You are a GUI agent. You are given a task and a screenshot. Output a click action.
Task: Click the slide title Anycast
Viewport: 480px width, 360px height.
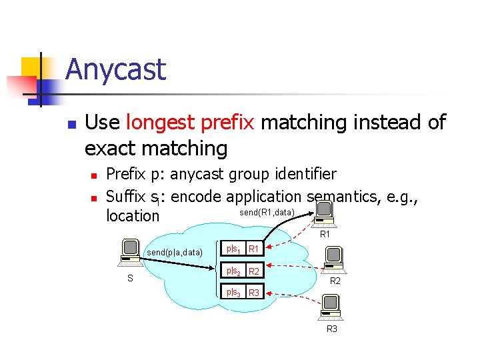(115, 70)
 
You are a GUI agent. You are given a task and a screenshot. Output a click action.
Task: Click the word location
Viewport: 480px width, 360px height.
(133, 216)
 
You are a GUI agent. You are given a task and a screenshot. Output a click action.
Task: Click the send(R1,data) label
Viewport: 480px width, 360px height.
(267, 212)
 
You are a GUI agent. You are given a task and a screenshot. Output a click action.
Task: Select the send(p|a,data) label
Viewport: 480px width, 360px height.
(175, 253)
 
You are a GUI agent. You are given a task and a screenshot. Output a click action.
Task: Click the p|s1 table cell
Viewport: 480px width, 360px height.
(233, 249)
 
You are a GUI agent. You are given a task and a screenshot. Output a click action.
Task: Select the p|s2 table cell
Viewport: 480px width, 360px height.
(233, 271)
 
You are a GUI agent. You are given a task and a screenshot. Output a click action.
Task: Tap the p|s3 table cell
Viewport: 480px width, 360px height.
(233, 293)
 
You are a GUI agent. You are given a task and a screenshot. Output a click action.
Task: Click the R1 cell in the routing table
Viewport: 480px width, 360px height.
(253, 249)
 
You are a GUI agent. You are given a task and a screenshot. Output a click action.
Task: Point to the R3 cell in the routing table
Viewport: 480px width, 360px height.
(253, 293)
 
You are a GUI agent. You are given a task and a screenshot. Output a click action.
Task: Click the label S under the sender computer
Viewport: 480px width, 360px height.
(130, 279)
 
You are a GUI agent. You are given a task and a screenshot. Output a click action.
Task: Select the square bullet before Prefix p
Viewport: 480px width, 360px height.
(94, 176)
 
